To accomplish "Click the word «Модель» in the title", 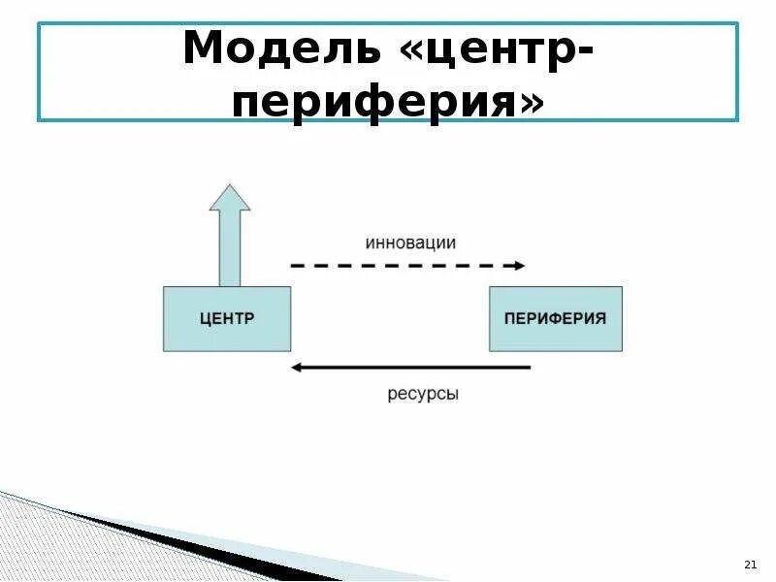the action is [x=282, y=48].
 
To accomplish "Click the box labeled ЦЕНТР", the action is [x=227, y=318].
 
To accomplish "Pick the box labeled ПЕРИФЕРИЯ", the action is [x=555, y=318].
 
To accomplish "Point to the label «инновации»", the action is [x=410, y=242].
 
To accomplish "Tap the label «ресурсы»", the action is [x=422, y=395].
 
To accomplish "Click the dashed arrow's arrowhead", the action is [x=520, y=265].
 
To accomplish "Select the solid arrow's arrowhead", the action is [x=297, y=367].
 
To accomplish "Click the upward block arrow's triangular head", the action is [x=230, y=199].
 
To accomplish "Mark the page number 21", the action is [x=748, y=565].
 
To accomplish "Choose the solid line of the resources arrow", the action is [x=417, y=367].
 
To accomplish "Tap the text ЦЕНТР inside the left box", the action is [x=227, y=318].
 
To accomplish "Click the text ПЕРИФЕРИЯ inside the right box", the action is [x=555, y=318].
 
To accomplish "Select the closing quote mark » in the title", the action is [x=530, y=100].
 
